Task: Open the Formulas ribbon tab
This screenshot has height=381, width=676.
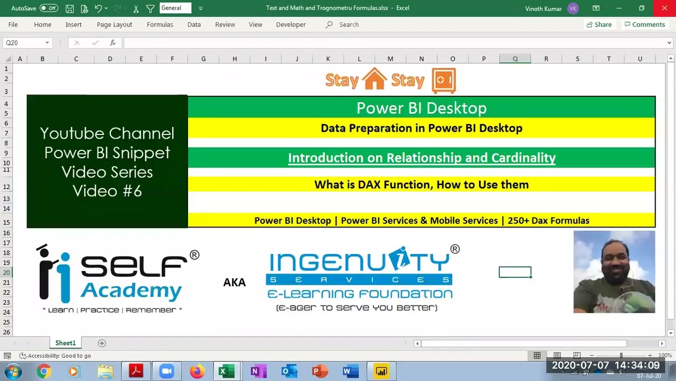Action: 159,24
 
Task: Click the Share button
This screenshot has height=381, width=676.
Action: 599,24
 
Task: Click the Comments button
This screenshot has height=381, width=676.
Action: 644,24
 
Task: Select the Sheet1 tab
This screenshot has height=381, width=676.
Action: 65,343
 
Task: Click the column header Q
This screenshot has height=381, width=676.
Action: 515,59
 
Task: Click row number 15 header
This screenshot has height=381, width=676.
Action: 7,223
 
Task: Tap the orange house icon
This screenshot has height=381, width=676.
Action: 375,79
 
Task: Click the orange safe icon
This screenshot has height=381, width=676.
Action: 444,80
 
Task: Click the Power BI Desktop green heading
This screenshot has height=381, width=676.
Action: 421,108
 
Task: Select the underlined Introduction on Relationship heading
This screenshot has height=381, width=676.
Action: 421,158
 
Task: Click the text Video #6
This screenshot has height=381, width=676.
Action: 107,191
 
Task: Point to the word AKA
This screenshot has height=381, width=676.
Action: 234,283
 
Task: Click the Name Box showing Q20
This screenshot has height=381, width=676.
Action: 24,43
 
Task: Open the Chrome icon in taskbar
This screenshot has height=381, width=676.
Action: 44,371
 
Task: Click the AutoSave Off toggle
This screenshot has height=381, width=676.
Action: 49,8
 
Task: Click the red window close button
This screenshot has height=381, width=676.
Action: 664,8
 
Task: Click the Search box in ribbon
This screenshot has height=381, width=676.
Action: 349,24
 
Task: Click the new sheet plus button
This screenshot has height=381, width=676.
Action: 102,343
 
